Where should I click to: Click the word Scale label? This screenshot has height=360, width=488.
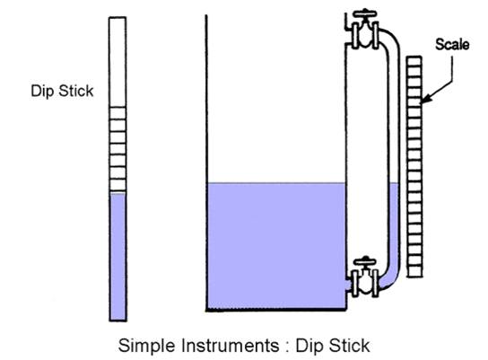(452, 44)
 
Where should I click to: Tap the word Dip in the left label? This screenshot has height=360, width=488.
(42, 92)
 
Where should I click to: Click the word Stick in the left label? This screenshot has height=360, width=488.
(76, 91)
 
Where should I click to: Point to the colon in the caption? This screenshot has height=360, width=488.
(287, 347)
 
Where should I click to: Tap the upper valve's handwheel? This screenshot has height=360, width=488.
(365, 13)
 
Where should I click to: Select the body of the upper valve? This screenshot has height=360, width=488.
(365, 35)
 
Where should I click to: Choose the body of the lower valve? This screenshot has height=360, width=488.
(365, 283)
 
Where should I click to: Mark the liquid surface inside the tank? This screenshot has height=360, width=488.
(276, 183)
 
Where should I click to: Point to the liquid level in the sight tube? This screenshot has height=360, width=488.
(394, 183)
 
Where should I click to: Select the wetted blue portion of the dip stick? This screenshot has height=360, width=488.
(118, 257)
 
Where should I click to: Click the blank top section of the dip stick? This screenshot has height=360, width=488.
(118, 62)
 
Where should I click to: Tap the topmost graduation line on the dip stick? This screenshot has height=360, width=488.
(118, 108)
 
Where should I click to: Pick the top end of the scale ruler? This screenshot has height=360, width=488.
(414, 57)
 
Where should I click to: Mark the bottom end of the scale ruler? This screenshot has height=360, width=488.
(414, 277)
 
